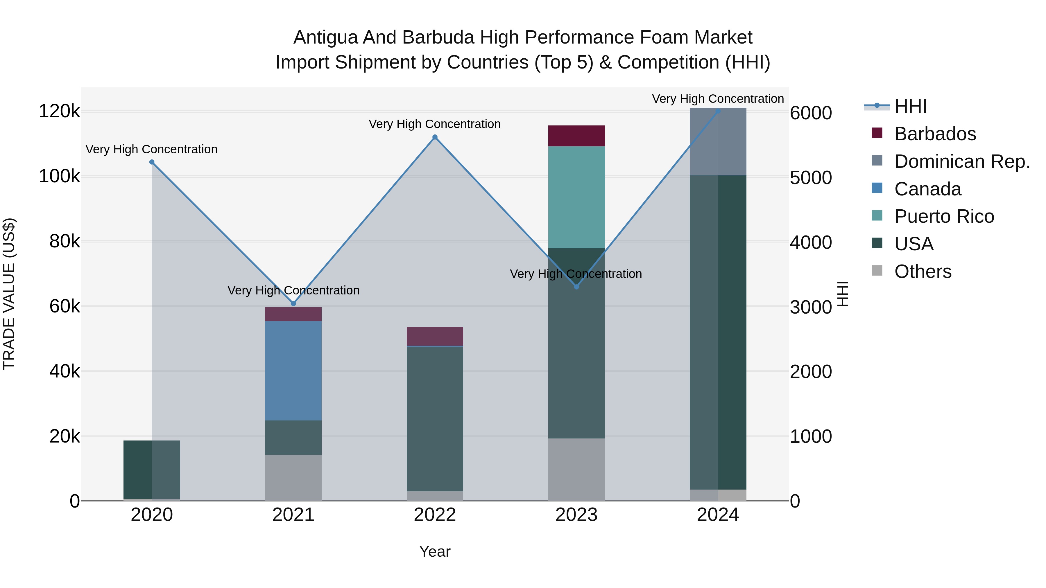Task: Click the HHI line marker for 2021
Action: [x=293, y=303]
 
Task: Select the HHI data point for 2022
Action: [x=434, y=137]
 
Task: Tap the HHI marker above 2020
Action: [x=152, y=162]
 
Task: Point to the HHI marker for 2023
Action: [x=576, y=287]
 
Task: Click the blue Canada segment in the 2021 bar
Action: [x=293, y=370]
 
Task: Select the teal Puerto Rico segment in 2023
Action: [x=576, y=197]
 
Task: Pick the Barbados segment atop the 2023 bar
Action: [x=576, y=136]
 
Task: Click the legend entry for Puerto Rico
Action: [x=944, y=216]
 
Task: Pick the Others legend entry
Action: [x=922, y=271]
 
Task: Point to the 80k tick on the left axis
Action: [x=64, y=242]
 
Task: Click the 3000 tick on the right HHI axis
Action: [x=810, y=307]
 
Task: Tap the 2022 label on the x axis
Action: [x=434, y=515]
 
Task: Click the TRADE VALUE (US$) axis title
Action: [x=9, y=294]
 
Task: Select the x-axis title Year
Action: [x=434, y=551]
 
